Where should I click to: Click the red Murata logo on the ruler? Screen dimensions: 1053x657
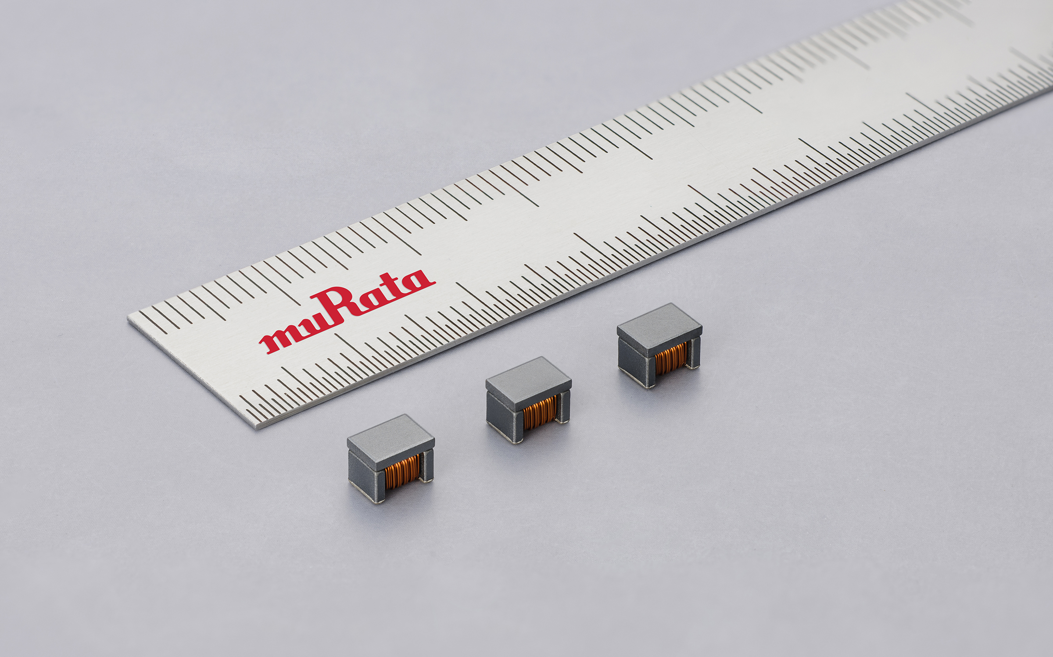click(347, 312)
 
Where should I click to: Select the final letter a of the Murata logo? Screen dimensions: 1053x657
click(417, 281)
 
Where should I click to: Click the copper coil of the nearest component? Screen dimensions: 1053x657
click(402, 472)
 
